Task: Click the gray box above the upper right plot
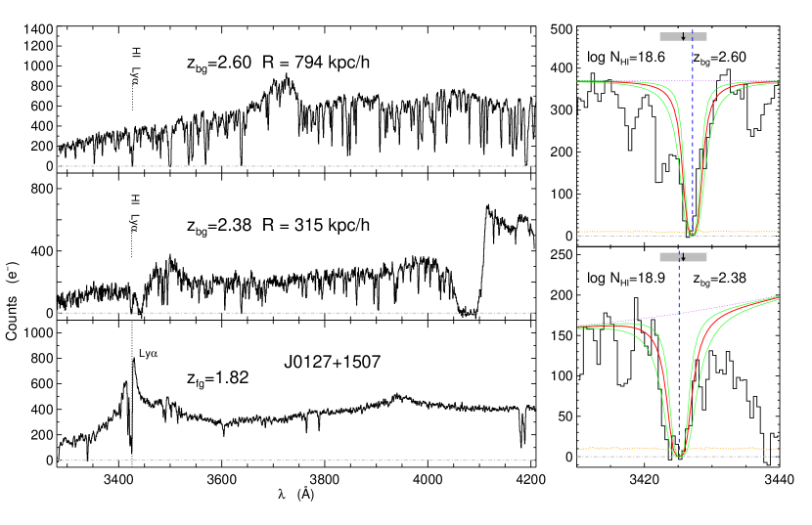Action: (670, 36)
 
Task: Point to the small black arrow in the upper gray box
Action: (683, 37)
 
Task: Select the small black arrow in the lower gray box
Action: (682, 257)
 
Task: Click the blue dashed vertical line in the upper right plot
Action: (693, 147)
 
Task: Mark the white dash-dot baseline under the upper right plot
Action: (626, 236)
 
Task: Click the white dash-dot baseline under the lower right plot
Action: (626, 457)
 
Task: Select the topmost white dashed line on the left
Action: (293, 166)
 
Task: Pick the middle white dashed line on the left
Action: (293, 313)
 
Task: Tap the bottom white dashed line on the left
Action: (293, 460)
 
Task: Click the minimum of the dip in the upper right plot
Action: (691, 234)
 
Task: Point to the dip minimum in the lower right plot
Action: (678, 455)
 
